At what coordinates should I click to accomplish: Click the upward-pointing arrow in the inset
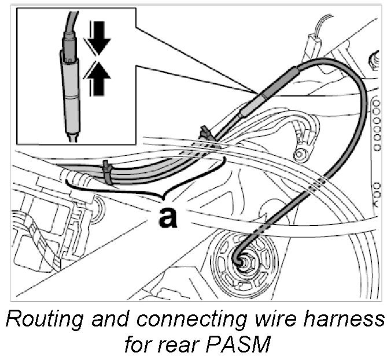(x=98, y=80)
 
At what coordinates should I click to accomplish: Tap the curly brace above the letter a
(x=145, y=185)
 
